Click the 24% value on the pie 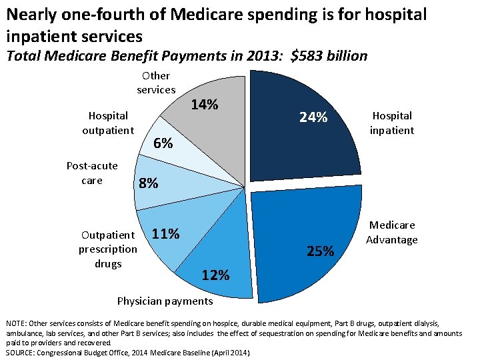pos(313,117)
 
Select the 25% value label pos(320,251)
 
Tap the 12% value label pos(215,275)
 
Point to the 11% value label pos(165,234)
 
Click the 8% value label pos(148,183)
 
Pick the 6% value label pos(163,143)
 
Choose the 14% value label pos(204,105)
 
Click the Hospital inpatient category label pos(392,123)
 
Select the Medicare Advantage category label pos(392,232)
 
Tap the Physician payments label pos(165,301)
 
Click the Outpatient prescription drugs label pos(108,249)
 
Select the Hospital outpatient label pos(108,123)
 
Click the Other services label pos(156,83)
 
